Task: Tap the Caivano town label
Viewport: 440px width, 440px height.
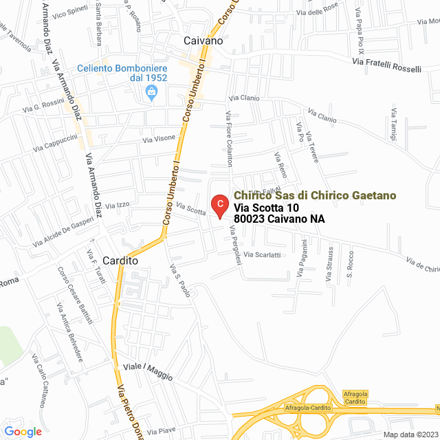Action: [x=203, y=41]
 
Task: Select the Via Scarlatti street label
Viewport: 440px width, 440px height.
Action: [x=266, y=254]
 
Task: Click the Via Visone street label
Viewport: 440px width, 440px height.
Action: [x=159, y=140]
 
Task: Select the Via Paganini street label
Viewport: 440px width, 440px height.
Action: [x=302, y=258]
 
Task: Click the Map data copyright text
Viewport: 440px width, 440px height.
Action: [x=410, y=434]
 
